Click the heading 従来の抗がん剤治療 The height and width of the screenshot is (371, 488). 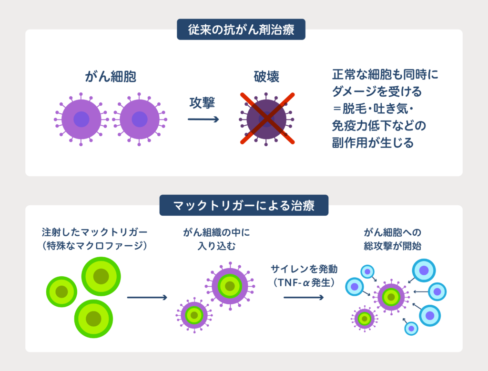pyautogui.click(x=241, y=30)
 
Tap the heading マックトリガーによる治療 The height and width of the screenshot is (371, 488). pyautogui.click(x=244, y=205)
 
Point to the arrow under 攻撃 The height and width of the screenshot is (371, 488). pyautogui.click(x=203, y=120)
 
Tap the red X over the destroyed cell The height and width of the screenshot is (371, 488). pyautogui.click(x=266, y=119)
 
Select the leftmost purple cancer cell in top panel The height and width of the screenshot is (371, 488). pyautogui.click(x=81, y=119)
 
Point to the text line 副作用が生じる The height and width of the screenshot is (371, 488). pyautogui.click(x=373, y=142)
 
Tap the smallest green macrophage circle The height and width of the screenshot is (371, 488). pyautogui.click(x=62, y=291)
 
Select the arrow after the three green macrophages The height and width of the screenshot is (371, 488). pyautogui.click(x=147, y=298)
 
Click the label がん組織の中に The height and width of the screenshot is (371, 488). pyautogui.click(x=216, y=233)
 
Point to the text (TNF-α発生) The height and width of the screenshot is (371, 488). pyautogui.click(x=304, y=282)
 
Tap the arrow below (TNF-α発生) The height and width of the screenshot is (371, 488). pyautogui.click(x=304, y=298)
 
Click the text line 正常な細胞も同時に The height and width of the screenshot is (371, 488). pyautogui.click(x=385, y=75)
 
